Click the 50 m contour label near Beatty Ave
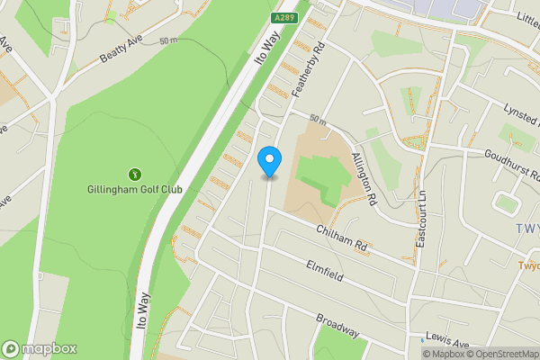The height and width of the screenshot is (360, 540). pyautogui.click(x=169, y=41)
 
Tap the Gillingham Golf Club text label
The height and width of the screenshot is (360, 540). pyautogui.click(x=135, y=190)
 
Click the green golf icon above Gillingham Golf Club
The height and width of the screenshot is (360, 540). pyautogui.click(x=135, y=174)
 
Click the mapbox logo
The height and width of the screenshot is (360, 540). pyautogui.click(x=40, y=348)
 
